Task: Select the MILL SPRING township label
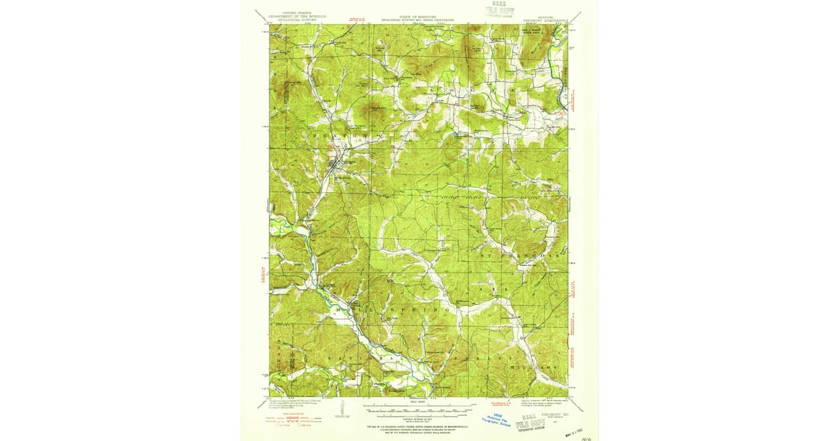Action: point(392,308)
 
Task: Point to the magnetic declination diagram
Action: point(342,408)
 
